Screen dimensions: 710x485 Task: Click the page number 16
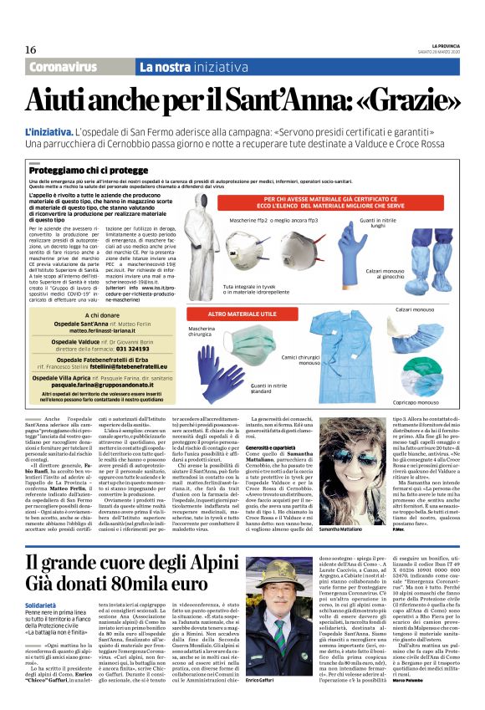(x=31, y=50)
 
